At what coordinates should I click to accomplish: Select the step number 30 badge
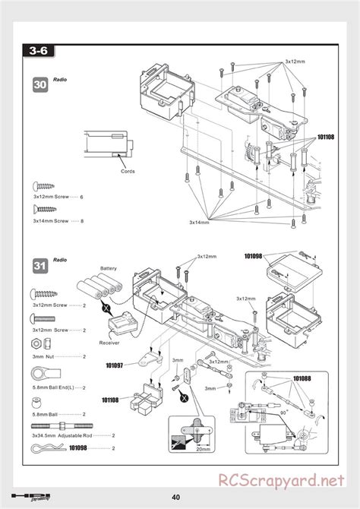(41, 85)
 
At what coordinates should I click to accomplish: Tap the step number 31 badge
(41, 265)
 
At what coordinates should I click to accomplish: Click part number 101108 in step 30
(325, 138)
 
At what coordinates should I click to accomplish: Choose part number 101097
(115, 365)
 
